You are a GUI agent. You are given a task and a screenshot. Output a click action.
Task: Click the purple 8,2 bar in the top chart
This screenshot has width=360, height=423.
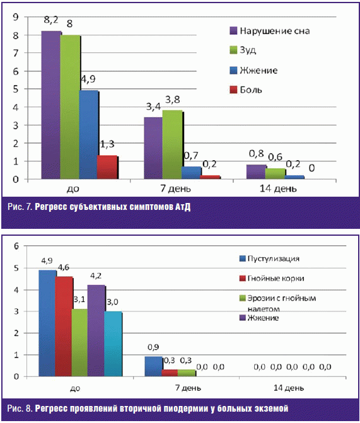[x=51, y=105]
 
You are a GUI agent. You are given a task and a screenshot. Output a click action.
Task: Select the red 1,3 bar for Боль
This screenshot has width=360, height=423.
[x=107, y=167]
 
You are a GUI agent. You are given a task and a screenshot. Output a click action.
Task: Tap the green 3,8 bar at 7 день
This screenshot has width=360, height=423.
[x=173, y=144]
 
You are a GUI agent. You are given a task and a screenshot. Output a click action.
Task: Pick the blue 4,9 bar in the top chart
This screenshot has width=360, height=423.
[x=89, y=135]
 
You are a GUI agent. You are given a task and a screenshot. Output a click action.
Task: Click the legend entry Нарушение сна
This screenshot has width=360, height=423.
[x=270, y=31]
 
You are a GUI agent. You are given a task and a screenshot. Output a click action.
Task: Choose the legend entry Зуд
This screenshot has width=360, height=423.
[x=243, y=50]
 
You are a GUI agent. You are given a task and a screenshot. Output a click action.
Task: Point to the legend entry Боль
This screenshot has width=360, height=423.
[x=246, y=90]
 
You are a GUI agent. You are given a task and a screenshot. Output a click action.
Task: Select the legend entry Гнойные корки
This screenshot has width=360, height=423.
[x=272, y=278]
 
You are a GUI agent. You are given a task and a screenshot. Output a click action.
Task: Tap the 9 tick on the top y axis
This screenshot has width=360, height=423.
[x=16, y=17]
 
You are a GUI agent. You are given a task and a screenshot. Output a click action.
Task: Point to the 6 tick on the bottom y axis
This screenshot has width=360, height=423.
[x=16, y=246]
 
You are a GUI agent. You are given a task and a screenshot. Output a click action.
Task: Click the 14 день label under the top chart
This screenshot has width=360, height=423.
[x=278, y=188]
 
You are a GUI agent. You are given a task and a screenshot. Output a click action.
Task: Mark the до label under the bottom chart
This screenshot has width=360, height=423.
[x=75, y=388]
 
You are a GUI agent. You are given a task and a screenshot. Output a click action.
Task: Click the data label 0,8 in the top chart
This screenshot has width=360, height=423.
[x=256, y=154]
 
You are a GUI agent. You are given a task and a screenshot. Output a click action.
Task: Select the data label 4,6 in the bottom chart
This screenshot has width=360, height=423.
[x=64, y=267]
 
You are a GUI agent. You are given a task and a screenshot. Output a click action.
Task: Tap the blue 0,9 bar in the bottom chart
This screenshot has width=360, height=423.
[x=154, y=366]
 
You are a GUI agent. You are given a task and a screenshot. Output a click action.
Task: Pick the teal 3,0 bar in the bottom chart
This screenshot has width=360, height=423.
[x=113, y=344]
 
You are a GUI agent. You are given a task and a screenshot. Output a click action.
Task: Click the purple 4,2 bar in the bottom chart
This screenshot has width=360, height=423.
[x=96, y=330]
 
